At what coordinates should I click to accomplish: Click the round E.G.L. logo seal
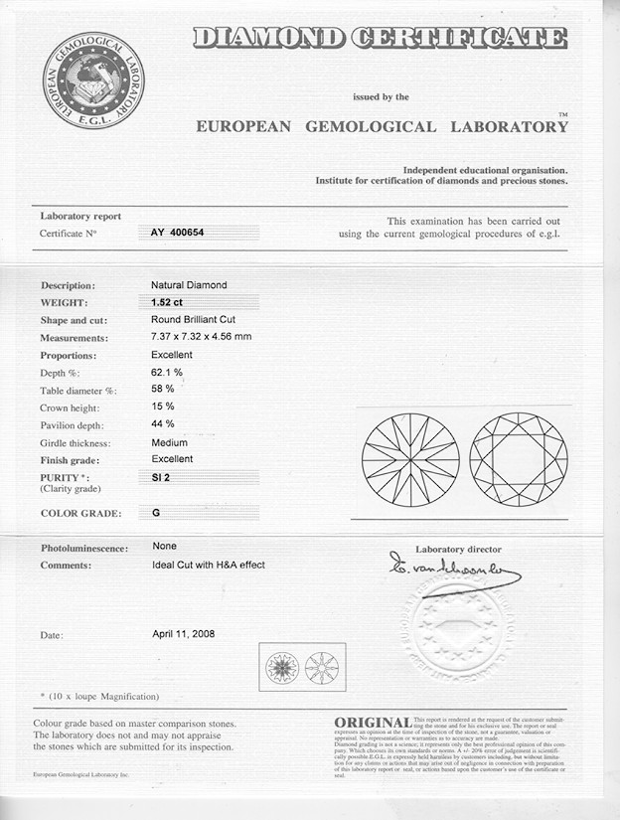(93, 80)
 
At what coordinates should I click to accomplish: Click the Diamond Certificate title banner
(380, 38)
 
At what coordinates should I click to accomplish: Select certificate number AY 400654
(179, 232)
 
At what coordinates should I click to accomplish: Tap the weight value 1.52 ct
(166, 302)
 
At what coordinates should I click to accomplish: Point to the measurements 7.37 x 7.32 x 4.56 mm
(201, 337)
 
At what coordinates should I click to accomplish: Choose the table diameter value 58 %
(163, 389)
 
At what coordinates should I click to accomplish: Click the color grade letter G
(155, 513)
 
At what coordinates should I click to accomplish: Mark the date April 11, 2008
(183, 633)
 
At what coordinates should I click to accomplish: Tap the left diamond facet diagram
(410, 459)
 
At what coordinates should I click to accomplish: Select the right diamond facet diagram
(518, 459)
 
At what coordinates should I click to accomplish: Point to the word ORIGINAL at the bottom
(373, 722)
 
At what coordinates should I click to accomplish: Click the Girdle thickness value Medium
(169, 442)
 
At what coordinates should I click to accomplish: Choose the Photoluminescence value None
(164, 546)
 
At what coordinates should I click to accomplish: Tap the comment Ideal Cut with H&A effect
(208, 565)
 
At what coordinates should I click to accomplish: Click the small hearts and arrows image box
(302, 666)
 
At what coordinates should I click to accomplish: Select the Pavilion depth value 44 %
(163, 424)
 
